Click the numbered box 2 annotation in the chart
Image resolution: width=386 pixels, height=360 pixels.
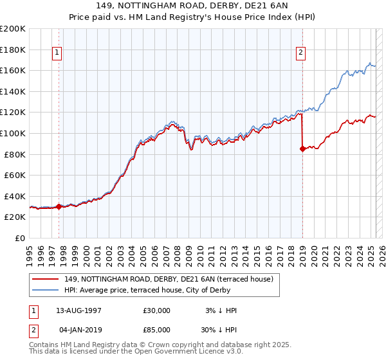(x=300, y=53)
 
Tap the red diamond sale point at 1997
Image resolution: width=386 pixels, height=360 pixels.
(x=59, y=206)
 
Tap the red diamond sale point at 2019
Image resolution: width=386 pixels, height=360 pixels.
(x=302, y=149)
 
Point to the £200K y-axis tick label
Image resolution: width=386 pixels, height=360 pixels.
(x=13, y=29)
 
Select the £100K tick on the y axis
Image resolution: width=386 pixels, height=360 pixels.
(x=13, y=133)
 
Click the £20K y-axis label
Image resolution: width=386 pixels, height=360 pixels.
(x=15, y=217)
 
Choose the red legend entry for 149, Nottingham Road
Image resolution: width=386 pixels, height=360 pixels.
(x=169, y=279)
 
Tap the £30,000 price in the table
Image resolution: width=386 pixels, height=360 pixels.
(x=157, y=310)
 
